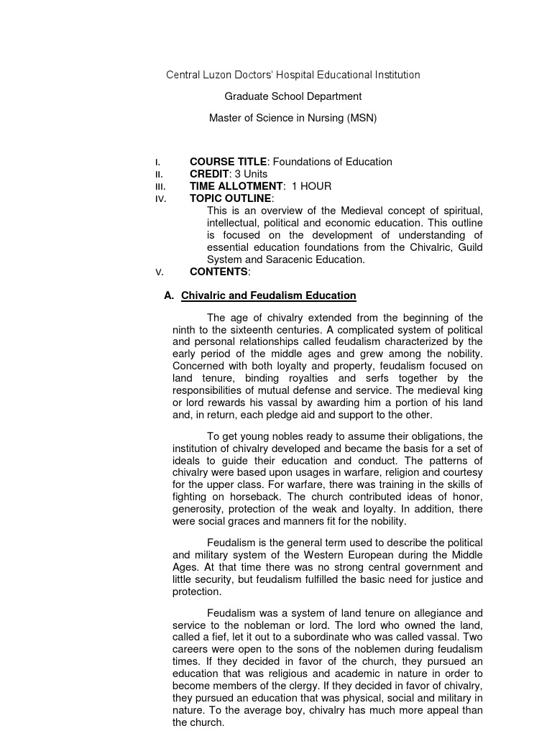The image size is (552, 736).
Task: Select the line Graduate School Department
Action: (293, 96)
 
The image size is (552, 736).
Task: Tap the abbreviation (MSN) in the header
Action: (363, 117)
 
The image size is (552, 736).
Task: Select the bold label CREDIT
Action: (210, 174)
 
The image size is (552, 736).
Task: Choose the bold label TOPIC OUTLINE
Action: (231, 198)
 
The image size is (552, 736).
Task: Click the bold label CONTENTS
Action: (218, 272)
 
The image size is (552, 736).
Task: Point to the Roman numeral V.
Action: (159, 272)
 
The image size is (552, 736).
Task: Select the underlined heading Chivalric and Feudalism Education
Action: (268, 295)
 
